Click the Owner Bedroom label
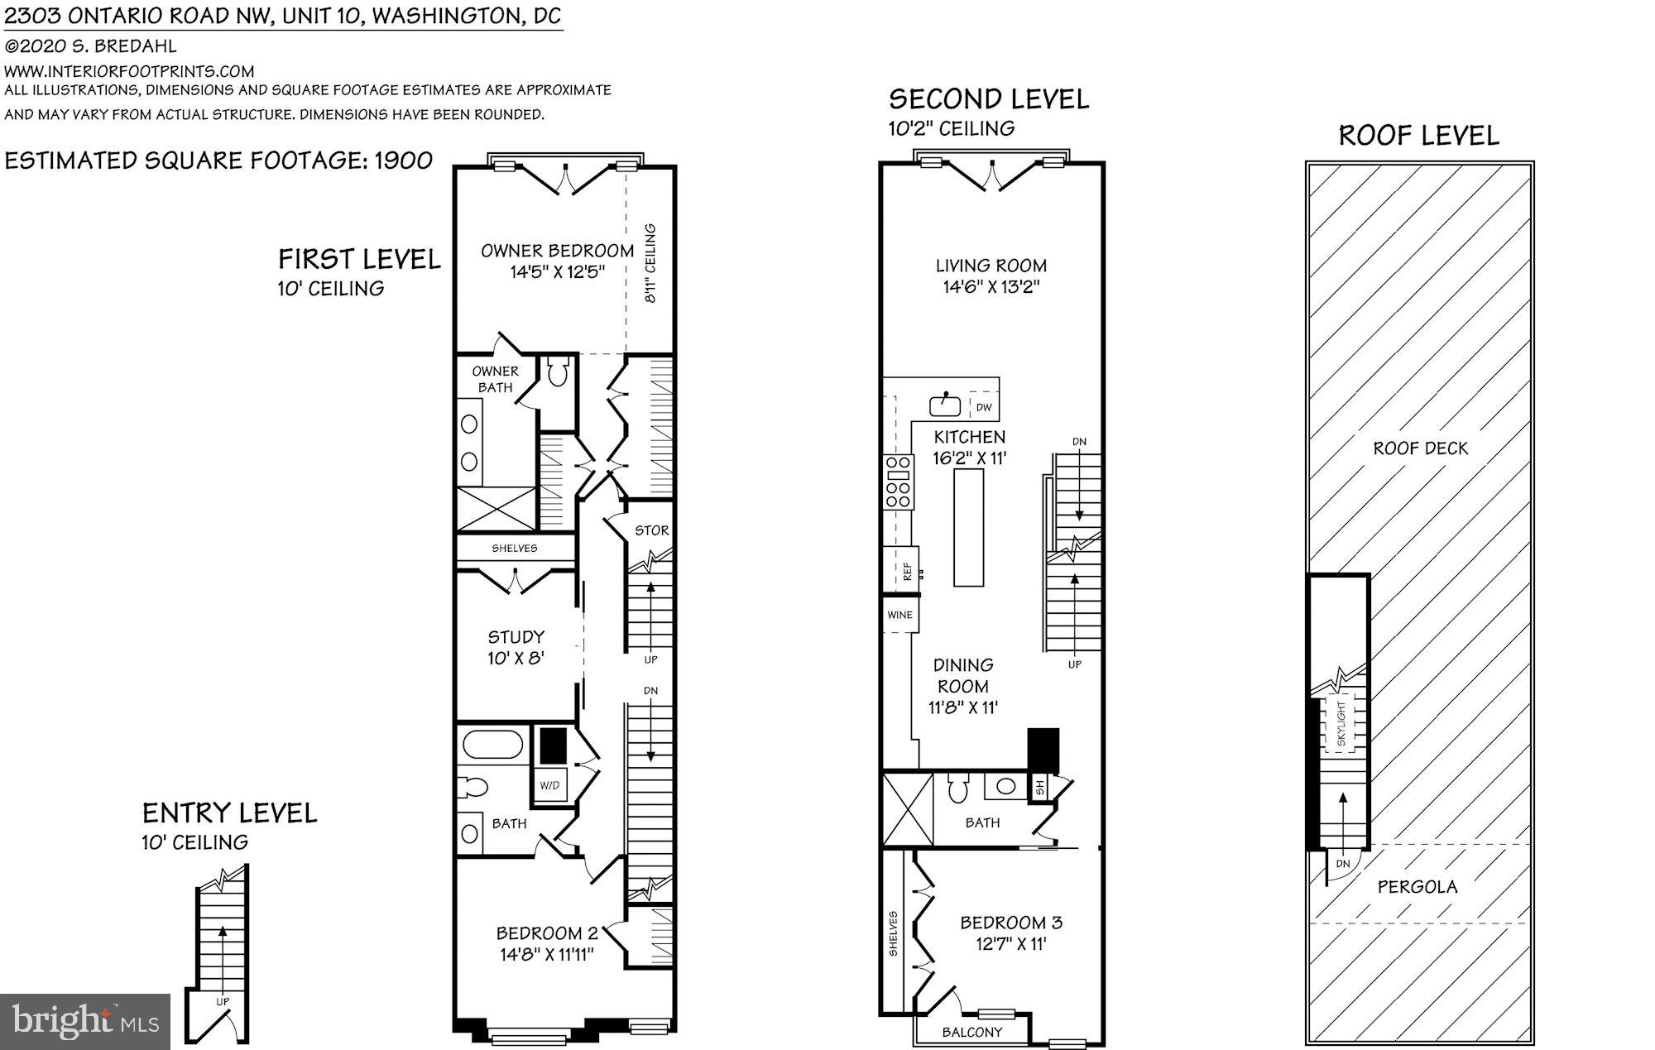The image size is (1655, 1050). [x=557, y=251]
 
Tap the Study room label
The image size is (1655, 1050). [x=516, y=637]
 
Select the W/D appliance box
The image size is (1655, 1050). [x=549, y=784]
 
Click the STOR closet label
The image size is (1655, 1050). [x=651, y=530]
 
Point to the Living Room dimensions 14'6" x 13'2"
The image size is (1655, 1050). [x=991, y=287]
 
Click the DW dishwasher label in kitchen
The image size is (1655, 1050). [x=984, y=407]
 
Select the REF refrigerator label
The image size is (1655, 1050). [x=907, y=570]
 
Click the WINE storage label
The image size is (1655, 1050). [x=899, y=615]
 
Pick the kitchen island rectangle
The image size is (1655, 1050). [x=969, y=528]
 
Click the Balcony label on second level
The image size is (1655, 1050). [x=971, y=1032]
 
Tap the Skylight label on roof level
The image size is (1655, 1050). [x=1341, y=725]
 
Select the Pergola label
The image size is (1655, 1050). [x=1418, y=887]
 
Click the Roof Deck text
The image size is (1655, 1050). [x=1420, y=448]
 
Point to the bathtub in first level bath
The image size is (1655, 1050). [x=492, y=745]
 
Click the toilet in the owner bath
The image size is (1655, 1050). [x=557, y=373]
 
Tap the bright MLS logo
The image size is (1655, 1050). [x=85, y=1021]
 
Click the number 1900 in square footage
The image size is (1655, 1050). [x=403, y=161]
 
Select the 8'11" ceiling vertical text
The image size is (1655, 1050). [x=650, y=263]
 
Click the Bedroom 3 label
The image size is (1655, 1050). [x=1010, y=923]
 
